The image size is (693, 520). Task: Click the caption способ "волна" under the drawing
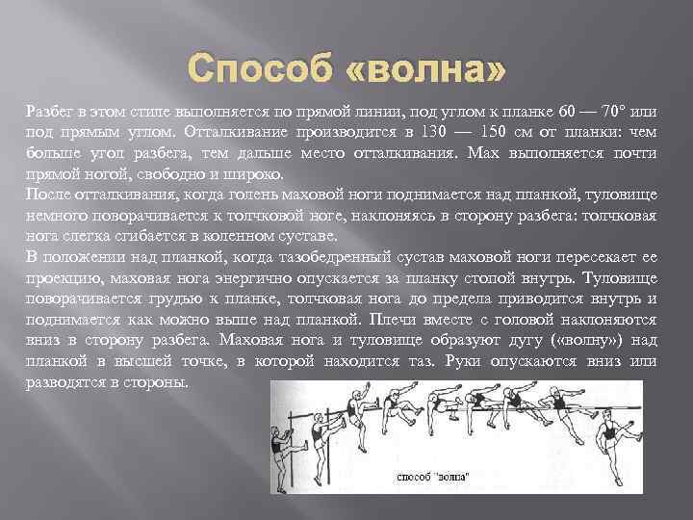pyautogui.click(x=432, y=477)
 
